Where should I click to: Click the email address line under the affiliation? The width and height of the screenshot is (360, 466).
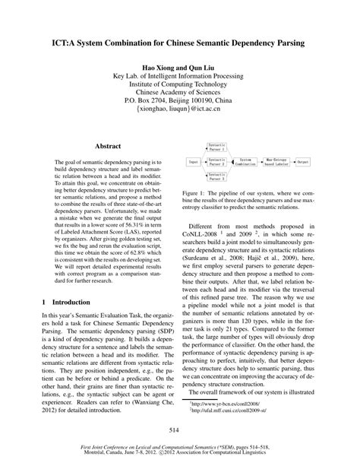pos(180,110)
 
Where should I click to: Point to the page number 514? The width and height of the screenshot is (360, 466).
pos(180,430)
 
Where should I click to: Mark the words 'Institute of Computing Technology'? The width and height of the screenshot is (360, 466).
pos(180,83)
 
